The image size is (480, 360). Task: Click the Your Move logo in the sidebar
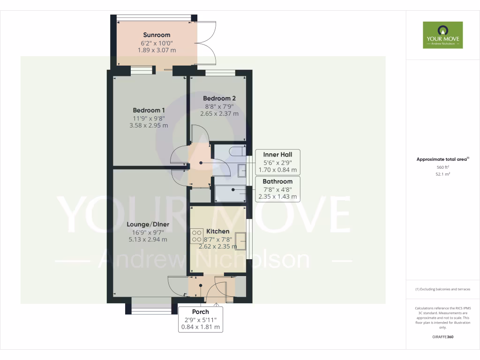[x=442, y=35]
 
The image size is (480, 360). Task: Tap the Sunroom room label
[x=157, y=35]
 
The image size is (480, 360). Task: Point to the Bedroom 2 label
[x=219, y=98]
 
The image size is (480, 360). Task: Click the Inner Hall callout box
[x=277, y=162]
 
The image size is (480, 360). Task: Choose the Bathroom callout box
[x=277, y=189]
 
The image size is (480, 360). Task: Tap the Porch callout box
[x=200, y=319]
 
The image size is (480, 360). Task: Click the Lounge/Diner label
[x=148, y=224]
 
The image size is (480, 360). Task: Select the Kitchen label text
[x=218, y=231]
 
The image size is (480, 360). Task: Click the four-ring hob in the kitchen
[x=196, y=235]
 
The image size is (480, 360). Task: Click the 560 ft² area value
[x=442, y=167]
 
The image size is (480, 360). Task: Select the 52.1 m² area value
[x=442, y=174]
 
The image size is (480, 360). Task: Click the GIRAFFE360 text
[x=442, y=337]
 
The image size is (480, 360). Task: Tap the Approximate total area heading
[x=442, y=159]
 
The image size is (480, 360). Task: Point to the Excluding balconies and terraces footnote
[x=442, y=289]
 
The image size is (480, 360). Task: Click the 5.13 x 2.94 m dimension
[x=148, y=240]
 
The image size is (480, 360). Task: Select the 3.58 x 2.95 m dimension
[x=149, y=125]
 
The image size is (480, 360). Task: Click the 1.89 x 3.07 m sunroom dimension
[x=157, y=50]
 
